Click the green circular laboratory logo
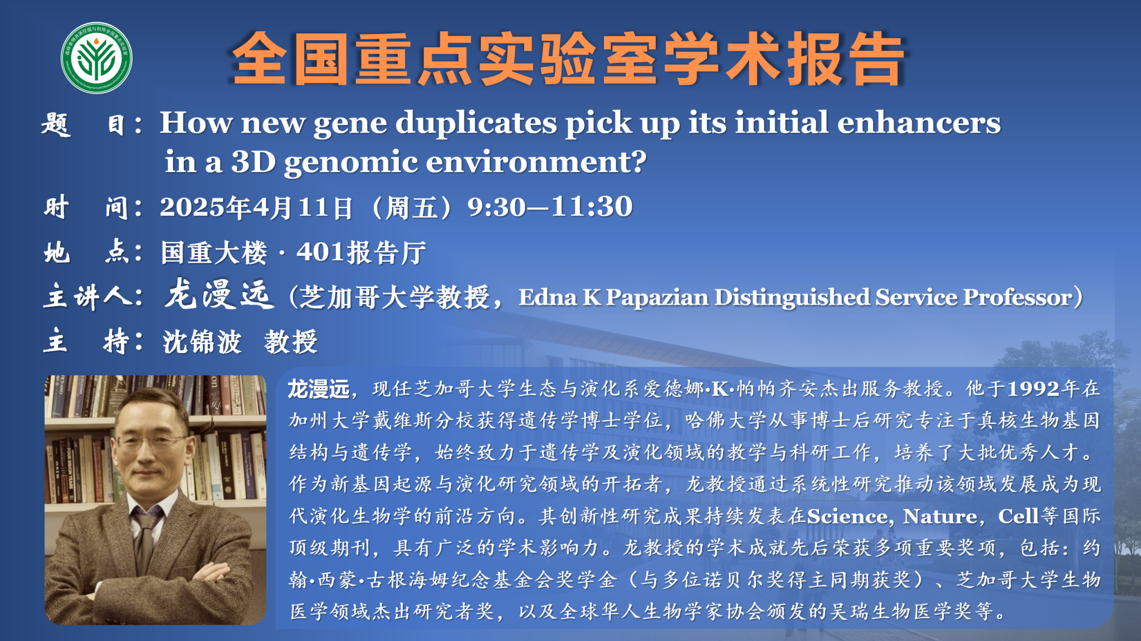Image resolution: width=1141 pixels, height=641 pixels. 96,58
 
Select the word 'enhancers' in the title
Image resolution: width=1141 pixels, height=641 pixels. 919,123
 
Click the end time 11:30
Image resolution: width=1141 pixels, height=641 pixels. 592,207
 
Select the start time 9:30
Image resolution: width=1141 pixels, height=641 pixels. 496,207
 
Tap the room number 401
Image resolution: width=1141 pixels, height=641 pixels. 320,252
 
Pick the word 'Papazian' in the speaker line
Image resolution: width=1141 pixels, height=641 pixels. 656,297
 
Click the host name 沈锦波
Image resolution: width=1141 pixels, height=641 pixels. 202,341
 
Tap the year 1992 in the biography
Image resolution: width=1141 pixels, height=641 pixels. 1033,389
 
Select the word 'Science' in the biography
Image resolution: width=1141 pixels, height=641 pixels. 847,517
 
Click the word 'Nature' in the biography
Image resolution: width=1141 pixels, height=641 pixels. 940,517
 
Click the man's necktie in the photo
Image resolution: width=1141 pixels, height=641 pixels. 145,549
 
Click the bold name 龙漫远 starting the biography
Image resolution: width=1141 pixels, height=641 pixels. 319,389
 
